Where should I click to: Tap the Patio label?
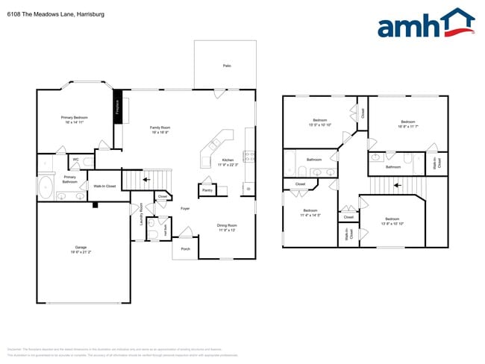[227, 66]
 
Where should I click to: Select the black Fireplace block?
[117, 107]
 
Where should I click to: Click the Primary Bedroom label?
[75, 119]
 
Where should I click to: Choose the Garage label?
[81, 249]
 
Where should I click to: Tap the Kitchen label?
[229, 162]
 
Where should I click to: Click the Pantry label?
[207, 190]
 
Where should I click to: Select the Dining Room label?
[227, 227]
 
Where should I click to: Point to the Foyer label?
[184, 208]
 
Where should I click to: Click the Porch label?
[185, 248]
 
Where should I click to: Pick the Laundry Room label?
[141, 216]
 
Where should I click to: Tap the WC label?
[76, 159]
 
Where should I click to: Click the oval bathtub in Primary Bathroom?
[46, 186]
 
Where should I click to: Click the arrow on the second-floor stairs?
[397, 184]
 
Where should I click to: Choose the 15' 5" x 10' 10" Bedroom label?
[320, 122]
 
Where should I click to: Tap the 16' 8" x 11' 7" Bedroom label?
[407, 124]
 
